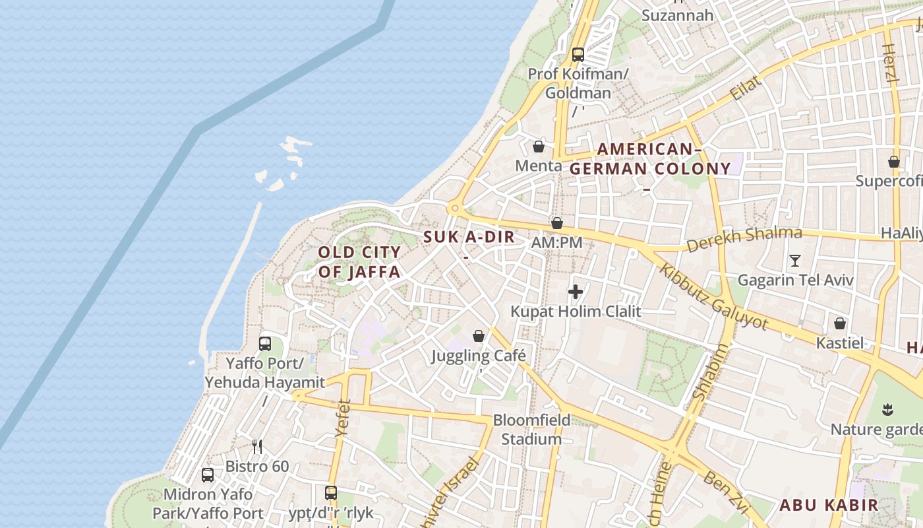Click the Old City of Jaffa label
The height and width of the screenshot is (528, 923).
359,262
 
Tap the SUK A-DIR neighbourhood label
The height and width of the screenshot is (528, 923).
469,238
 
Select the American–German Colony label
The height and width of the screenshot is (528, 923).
649,159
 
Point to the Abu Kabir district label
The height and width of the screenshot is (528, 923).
829,506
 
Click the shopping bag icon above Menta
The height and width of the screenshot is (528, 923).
539,147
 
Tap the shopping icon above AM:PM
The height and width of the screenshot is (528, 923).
557,223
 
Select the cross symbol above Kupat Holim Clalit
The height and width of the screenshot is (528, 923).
576,291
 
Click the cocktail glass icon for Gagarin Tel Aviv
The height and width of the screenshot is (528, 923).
795,260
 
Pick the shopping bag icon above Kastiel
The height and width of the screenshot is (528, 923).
840,323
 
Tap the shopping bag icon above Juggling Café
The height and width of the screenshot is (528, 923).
479,336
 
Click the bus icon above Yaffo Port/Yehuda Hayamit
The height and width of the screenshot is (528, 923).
265,343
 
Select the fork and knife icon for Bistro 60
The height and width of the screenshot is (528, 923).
257,447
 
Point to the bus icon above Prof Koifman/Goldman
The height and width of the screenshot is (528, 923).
578,54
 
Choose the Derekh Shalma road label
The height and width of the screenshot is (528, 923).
744,239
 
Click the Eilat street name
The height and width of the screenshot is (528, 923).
746,88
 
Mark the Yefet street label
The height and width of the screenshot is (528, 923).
343,418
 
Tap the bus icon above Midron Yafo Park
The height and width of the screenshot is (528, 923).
208,475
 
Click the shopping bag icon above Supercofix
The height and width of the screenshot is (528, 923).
894,162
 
